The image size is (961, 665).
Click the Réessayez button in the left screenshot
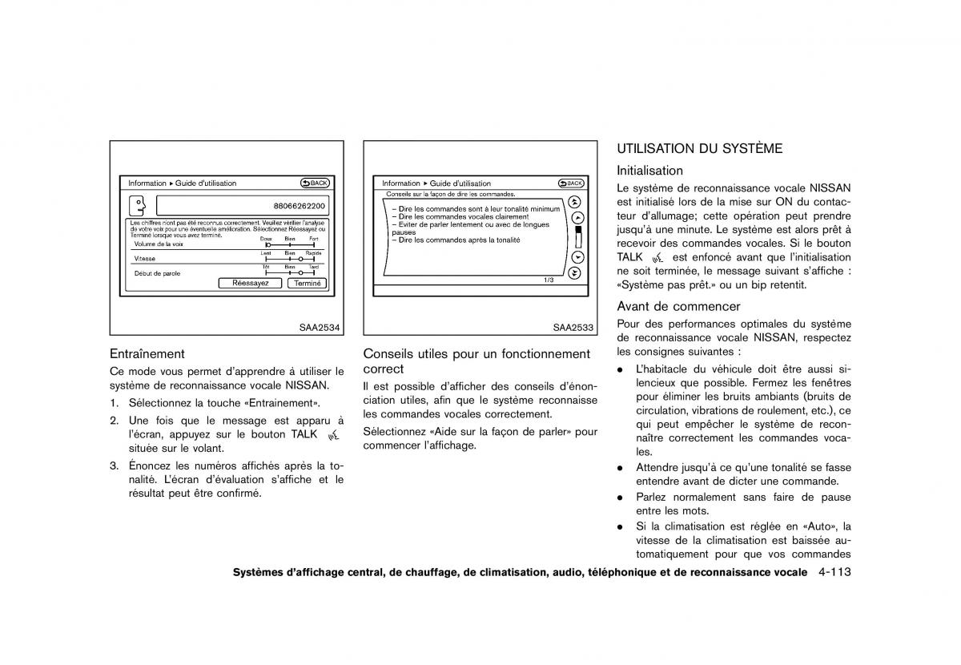250,283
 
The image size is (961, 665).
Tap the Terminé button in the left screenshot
308,283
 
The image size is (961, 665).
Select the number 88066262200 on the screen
300,206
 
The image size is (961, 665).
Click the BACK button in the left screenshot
315,183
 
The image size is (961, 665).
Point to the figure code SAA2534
319,327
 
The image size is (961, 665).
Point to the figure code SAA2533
573,327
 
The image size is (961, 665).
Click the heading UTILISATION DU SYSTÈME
699,148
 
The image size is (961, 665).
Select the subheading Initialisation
649,170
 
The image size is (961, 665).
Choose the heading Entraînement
147,353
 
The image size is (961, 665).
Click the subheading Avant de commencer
678,306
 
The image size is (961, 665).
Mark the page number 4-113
834,573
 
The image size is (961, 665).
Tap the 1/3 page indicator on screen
549,280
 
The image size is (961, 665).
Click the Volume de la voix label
159,244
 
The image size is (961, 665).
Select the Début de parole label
157,273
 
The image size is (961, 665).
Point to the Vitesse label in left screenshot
145,259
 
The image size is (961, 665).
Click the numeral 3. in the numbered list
115,465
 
